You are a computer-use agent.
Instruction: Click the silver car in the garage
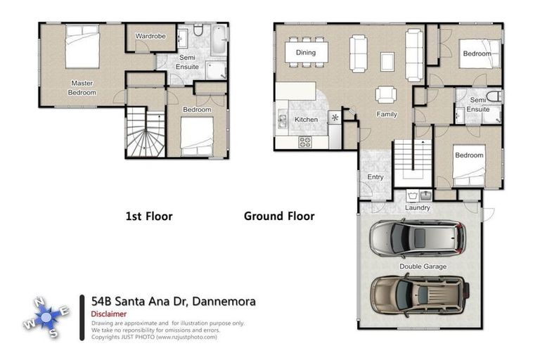point(418,239)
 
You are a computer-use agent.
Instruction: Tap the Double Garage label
point(423,266)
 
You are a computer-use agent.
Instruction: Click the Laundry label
point(418,208)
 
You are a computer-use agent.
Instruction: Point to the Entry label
point(375,177)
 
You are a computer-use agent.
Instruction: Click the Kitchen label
point(306,120)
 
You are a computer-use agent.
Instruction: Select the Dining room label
point(305,53)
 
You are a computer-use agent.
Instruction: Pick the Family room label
point(387,114)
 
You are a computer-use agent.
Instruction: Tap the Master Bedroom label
point(82,87)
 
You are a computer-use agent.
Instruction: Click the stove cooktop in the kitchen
point(306,141)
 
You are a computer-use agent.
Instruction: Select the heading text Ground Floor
point(278,217)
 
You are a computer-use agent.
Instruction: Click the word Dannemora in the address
point(224,302)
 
